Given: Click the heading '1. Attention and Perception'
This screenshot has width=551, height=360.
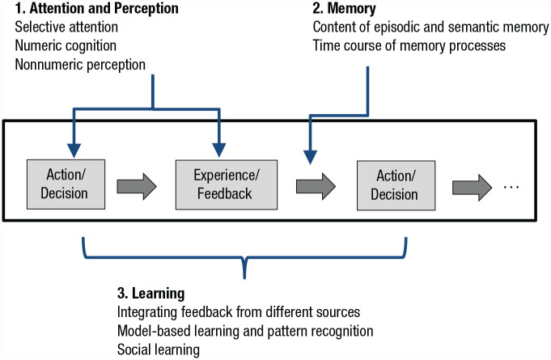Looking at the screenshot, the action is click(x=96, y=8).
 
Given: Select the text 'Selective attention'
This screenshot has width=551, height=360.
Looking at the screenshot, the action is click(x=66, y=27).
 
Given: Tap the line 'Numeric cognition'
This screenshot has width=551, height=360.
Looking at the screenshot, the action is click(x=66, y=45).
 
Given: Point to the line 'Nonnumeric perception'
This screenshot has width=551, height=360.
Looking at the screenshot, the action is click(x=80, y=65).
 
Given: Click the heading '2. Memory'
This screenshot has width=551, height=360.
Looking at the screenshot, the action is click(x=345, y=8).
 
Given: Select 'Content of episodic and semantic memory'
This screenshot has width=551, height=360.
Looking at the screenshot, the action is click(x=430, y=27).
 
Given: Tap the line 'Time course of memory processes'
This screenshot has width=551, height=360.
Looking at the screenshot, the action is click(x=409, y=45).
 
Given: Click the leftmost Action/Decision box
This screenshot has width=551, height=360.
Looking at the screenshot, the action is click(x=66, y=184).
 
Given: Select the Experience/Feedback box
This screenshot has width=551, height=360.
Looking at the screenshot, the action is click(x=227, y=184).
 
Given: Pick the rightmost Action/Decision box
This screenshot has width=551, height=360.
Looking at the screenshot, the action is click(x=396, y=185).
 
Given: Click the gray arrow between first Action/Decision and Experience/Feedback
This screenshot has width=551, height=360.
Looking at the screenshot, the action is click(x=137, y=187).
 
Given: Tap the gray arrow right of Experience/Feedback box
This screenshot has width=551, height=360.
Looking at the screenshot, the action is click(x=316, y=187).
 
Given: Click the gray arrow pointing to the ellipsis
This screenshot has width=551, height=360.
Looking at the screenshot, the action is click(x=472, y=187).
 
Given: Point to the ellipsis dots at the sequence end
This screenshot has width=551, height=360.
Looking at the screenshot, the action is click(x=511, y=187).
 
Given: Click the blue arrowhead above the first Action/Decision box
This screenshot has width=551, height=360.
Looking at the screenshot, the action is click(x=74, y=150).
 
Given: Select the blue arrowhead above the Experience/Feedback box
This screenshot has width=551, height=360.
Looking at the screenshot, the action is click(x=219, y=150).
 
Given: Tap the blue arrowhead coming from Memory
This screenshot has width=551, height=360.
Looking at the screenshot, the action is click(x=310, y=157).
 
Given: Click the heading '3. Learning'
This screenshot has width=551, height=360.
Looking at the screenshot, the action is click(x=150, y=294).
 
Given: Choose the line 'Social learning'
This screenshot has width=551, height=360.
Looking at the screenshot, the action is click(x=158, y=349).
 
